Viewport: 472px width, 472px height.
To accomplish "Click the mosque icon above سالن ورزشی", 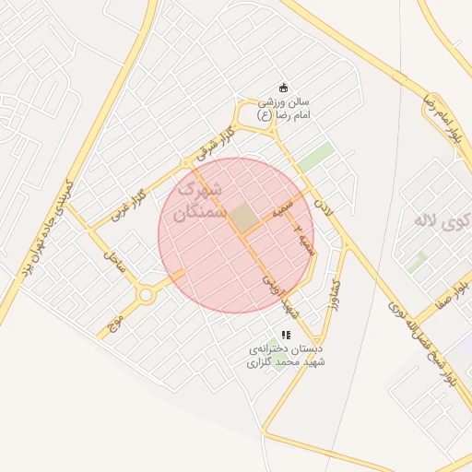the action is (x=284, y=88).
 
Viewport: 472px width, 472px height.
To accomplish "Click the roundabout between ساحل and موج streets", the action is (x=146, y=295).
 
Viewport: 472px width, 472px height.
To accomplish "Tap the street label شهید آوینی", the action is (x=278, y=292).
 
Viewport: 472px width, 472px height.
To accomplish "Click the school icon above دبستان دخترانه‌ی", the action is (x=286, y=335).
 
